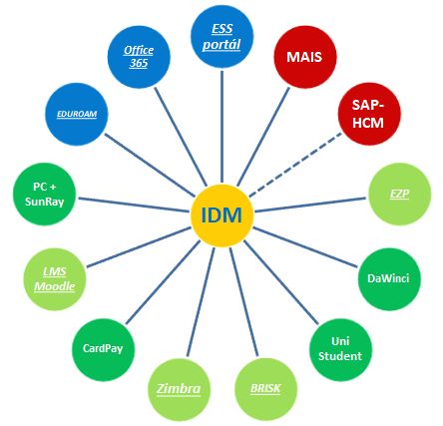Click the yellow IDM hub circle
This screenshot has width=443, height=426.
click(x=221, y=215)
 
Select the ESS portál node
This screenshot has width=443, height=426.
click(x=221, y=37)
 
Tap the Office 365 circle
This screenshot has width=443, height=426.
click(x=139, y=57)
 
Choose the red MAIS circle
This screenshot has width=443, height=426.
click(x=305, y=57)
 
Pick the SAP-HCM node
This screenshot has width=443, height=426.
click(x=369, y=114)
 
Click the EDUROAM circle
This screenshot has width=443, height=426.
click(x=77, y=114)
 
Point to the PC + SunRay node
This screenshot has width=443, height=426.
click(x=44, y=194)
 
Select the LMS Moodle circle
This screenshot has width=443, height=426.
click(x=55, y=279)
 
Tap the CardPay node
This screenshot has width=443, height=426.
click(x=103, y=350)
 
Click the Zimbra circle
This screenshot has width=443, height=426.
click(x=179, y=389)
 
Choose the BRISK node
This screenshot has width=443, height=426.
click(x=265, y=389)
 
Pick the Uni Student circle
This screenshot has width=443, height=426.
click(x=340, y=350)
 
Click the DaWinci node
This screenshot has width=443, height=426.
click(x=389, y=279)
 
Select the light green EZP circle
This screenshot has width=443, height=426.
click(x=400, y=194)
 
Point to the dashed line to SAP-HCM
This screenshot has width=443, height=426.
click(x=295, y=165)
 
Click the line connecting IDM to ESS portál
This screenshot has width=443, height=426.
click(x=221, y=127)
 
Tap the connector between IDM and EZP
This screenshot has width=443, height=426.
click(x=310, y=205)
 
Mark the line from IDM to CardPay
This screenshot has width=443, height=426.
click(x=163, y=282)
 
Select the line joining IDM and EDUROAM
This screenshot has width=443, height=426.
click(x=150, y=166)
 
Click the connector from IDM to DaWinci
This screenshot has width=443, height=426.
click(x=305, y=247)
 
